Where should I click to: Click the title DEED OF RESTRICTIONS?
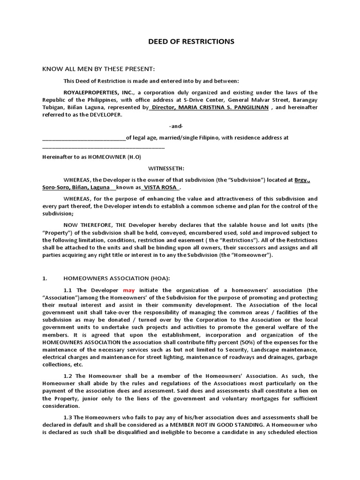pos(191,42)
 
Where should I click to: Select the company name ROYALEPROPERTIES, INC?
pos(93,92)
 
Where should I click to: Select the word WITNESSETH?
pos(166,168)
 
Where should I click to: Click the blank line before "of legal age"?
pos(84,138)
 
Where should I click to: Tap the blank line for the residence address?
pos(104,147)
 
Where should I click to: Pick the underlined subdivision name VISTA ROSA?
pos(161,187)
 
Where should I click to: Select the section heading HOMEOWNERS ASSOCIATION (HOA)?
pos(107,278)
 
